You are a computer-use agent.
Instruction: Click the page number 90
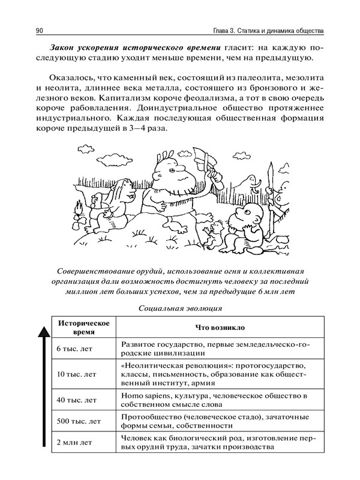click(x=40, y=30)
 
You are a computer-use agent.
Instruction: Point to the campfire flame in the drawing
click(x=77, y=211)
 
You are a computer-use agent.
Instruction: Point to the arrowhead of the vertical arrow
click(x=44, y=328)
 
